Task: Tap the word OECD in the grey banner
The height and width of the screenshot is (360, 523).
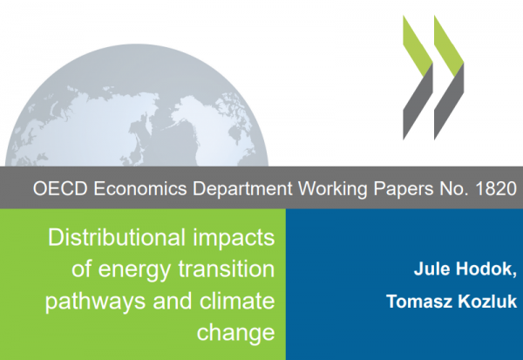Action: click(60, 188)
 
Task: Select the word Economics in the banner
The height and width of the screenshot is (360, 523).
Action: click(140, 188)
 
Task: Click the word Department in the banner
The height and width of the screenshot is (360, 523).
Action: click(242, 189)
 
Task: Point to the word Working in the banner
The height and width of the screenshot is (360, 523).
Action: click(333, 189)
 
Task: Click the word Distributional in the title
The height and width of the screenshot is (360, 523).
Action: click(117, 237)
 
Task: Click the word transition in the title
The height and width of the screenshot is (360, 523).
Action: click(227, 268)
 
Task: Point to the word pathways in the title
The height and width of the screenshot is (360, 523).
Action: click(95, 302)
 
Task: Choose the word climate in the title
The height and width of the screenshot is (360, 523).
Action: click(237, 300)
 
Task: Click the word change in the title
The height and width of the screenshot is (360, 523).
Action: click(236, 333)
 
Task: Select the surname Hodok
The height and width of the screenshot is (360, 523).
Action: click(486, 269)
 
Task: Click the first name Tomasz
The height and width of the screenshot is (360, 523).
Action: click(419, 302)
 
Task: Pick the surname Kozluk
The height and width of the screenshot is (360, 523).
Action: click(487, 302)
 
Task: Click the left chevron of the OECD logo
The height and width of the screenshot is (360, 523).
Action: click(418, 78)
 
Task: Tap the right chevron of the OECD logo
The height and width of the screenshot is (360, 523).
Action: click(449, 78)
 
